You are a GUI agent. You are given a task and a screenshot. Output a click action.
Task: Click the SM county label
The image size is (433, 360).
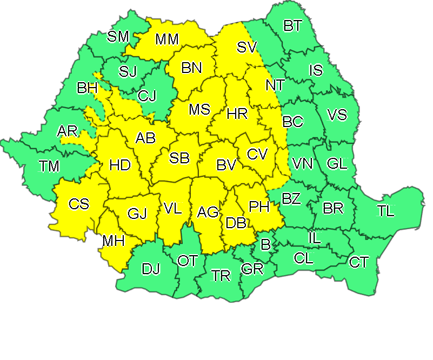pos(118,37)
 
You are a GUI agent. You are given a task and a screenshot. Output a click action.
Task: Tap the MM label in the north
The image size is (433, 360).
pos(167,39)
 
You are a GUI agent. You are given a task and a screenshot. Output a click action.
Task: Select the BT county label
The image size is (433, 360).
pos(292,26)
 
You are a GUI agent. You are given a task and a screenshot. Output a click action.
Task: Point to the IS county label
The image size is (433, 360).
pos(316,70)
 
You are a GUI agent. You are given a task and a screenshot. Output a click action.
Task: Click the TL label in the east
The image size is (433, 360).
pos(386,211)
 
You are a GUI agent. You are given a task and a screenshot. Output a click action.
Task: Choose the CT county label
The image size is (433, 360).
pos(359,263)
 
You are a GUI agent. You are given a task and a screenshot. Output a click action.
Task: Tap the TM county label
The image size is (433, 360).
pos(49,166)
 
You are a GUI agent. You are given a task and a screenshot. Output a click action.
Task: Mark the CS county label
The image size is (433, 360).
pos(79,204)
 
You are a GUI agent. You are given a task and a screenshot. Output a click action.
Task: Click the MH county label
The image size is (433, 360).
pos(114,241)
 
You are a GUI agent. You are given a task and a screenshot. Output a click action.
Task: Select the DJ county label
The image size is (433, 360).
pos(151,269)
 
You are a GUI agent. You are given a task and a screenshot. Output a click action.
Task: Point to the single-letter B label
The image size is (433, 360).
pos(265,245)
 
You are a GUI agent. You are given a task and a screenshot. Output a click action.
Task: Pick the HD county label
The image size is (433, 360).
pos(120,165)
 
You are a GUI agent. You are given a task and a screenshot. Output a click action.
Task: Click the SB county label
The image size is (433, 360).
pos(179,158)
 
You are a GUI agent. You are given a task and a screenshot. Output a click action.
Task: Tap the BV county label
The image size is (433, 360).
pos(227,165)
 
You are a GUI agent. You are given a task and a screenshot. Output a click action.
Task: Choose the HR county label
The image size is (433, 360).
pos(237,114)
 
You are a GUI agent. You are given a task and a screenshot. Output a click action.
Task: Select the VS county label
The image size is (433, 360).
pos(337,115)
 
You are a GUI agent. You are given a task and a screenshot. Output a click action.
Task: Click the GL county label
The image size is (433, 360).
pos(337,163)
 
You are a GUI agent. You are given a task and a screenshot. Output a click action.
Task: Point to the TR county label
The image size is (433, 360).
pos(221,276)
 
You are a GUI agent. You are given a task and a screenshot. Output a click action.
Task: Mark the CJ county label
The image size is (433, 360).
pos(146,97)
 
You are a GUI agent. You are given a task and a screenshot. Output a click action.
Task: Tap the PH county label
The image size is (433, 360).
pos(259,206)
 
